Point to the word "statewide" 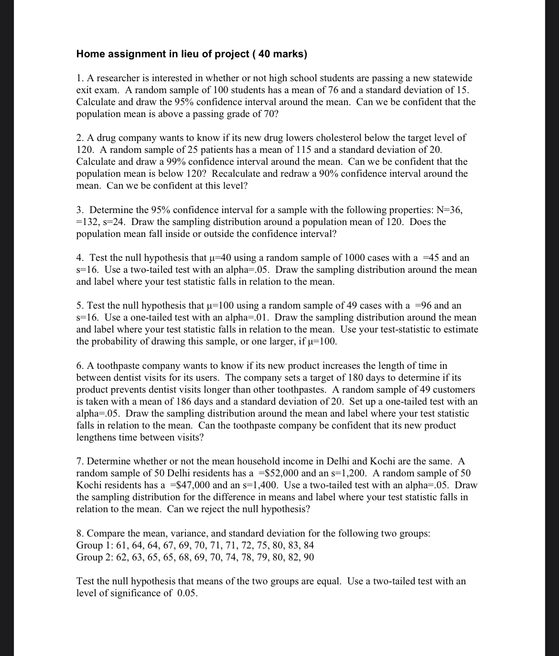[x=452, y=78]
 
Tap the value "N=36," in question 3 [x=449, y=210]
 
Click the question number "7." [x=80, y=462]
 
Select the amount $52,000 [x=278, y=473]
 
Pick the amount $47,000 [x=190, y=485]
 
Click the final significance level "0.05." [x=187, y=593]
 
